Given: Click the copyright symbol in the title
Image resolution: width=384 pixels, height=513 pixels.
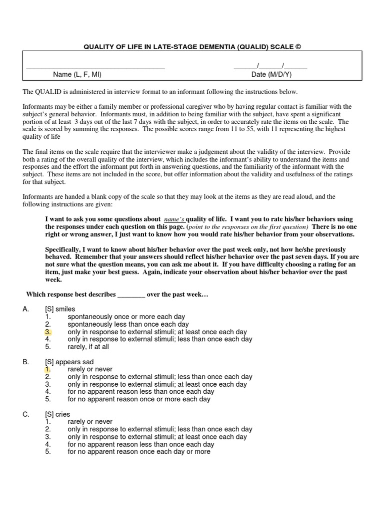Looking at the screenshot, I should pyautogui.click(x=298, y=47).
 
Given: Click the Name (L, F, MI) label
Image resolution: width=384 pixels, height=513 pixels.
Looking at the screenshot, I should pyautogui.click(x=77, y=74).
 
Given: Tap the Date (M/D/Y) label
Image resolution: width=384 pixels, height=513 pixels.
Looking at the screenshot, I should pyautogui.click(x=271, y=74).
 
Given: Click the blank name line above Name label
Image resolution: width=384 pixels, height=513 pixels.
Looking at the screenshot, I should pyautogui.click(x=95, y=67).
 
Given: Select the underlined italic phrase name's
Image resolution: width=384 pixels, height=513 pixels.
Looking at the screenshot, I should pyautogui.click(x=174, y=219).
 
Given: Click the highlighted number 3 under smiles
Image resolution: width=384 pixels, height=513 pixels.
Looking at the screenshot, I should pyautogui.click(x=48, y=332).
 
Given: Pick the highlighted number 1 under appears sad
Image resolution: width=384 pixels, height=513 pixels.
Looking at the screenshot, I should pyautogui.click(x=48, y=369).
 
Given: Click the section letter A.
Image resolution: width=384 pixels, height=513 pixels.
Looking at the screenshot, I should pyautogui.click(x=25, y=309).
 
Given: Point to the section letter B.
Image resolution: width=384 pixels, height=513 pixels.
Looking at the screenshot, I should pyautogui.click(x=25, y=362).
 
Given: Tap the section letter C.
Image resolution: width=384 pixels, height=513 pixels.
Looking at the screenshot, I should pyautogui.click(x=25, y=414).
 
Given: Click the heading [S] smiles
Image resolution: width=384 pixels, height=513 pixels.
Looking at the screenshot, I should pyautogui.click(x=60, y=309).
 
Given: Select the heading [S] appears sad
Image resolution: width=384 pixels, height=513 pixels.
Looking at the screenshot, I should pyautogui.click(x=69, y=362).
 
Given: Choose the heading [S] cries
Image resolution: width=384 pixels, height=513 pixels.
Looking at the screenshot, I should pyautogui.click(x=57, y=414).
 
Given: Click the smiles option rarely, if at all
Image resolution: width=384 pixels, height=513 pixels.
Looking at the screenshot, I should pyautogui.click(x=88, y=347).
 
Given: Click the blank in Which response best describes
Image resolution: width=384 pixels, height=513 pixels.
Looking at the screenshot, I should pyautogui.click(x=131, y=295).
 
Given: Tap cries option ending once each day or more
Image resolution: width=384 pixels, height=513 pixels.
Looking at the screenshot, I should pyautogui.click(x=139, y=452).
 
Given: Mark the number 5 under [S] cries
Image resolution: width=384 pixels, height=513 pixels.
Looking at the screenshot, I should pyautogui.click(x=47, y=452).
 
